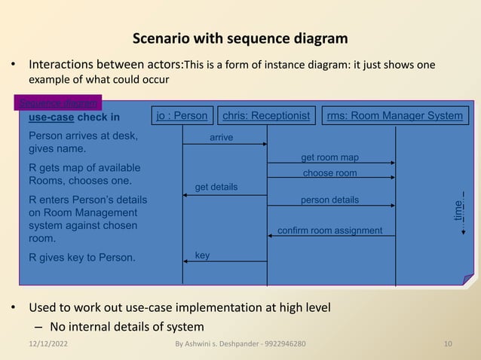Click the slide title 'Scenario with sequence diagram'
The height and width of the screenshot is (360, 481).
[x=240, y=38]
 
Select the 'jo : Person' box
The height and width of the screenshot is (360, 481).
[x=181, y=115]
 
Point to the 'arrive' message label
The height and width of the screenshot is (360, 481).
[x=221, y=137]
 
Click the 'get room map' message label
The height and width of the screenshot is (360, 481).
[x=329, y=157]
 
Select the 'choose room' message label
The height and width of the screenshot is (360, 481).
[x=329, y=173]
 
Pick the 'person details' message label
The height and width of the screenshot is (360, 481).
[x=329, y=200]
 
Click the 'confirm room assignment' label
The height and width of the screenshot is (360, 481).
[x=330, y=230]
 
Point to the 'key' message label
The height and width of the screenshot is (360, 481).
[x=202, y=256]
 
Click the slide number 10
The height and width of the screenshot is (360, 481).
[x=448, y=344]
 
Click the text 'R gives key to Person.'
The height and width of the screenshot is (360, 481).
[x=82, y=258]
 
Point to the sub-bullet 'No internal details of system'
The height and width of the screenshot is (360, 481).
[x=126, y=326]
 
